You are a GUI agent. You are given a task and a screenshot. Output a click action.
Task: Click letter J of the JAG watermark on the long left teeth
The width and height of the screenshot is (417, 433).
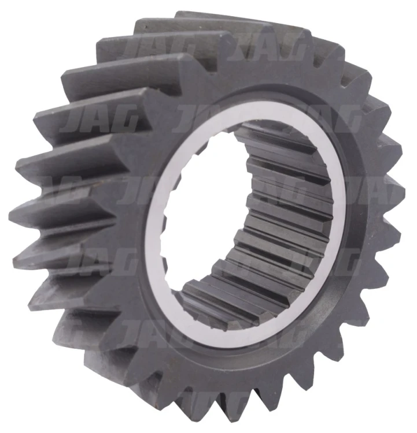pos(73,121)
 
